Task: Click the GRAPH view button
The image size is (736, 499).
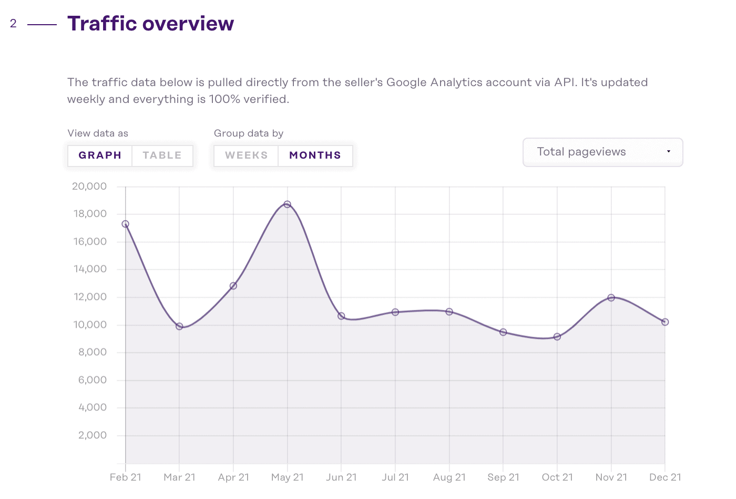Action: click(x=100, y=155)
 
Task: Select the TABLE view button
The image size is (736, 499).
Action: click(x=162, y=155)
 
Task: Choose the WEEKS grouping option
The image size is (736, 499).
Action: click(x=246, y=155)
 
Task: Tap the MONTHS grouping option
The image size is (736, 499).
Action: click(x=315, y=155)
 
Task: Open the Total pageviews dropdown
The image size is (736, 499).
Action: click(x=602, y=152)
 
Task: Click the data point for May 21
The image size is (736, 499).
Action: click(x=287, y=204)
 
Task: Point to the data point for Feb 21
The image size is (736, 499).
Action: click(x=125, y=224)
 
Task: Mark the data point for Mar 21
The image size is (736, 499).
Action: click(x=179, y=326)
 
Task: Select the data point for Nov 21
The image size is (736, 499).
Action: click(x=611, y=298)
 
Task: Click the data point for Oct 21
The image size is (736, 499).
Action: click(x=557, y=337)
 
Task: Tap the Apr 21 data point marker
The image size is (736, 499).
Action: click(x=233, y=286)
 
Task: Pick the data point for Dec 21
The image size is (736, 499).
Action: click(x=665, y=322)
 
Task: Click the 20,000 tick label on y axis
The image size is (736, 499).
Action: click(x=89, y=186)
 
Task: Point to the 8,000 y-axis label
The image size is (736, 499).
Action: click(x=93, y=352)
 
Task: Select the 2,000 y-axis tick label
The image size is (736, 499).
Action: click(x=93, y=435)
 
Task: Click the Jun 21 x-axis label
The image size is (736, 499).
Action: click(x=341, y=477)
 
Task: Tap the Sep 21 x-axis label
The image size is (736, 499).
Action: click(x=503, y=477)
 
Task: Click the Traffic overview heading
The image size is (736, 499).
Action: click(x=151, y=24)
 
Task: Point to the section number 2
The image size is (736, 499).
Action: click(x=13, y=24)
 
